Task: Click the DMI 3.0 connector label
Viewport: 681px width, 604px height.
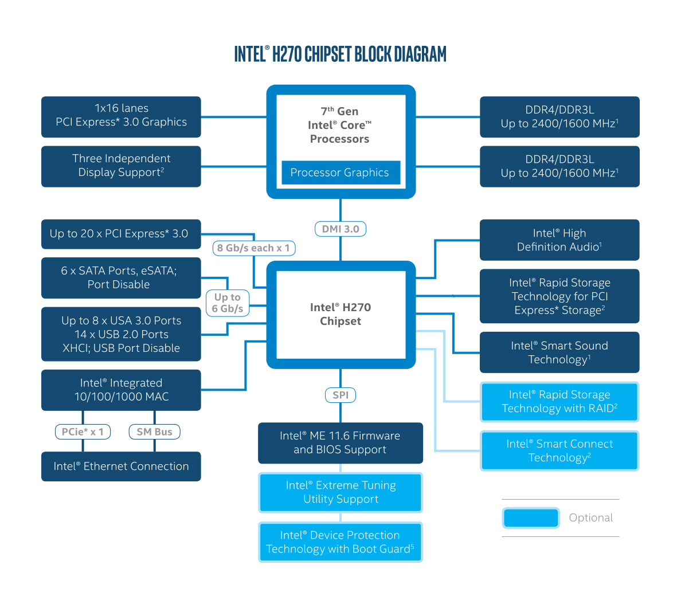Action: tap(340, 229)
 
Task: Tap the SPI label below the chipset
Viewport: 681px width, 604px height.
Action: tap(340, 395)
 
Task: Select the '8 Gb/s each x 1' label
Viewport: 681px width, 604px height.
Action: tap(253, 248)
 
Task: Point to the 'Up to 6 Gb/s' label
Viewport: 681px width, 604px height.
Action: tap(228, 303)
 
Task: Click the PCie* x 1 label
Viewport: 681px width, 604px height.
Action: tap(83, 432)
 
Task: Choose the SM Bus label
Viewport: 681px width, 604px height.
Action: tap(154, 432)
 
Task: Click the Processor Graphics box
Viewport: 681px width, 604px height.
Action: tap(340, 172)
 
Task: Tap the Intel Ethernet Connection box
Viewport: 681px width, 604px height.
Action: tap(121, 466)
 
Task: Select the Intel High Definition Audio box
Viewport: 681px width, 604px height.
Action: tap(559, 240)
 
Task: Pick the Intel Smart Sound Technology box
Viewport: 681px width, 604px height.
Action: tap(559, 352)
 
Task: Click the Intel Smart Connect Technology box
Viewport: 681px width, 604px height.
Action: tap(559, 450)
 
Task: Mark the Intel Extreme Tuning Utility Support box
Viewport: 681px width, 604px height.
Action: tap(340, 492)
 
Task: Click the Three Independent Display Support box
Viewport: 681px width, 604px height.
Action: tap(121, 166)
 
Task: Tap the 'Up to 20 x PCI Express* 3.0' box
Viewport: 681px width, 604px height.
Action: tap(121, 234)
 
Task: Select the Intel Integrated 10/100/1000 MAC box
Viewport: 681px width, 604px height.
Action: tap(121, 390)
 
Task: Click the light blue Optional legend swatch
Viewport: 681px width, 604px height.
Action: tap(530, 518)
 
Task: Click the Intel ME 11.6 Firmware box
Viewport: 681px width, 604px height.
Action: tap(340, 443)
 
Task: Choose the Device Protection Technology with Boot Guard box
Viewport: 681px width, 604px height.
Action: tap(340, 542)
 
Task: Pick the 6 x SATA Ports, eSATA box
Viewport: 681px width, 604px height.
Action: tap(121, 278)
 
